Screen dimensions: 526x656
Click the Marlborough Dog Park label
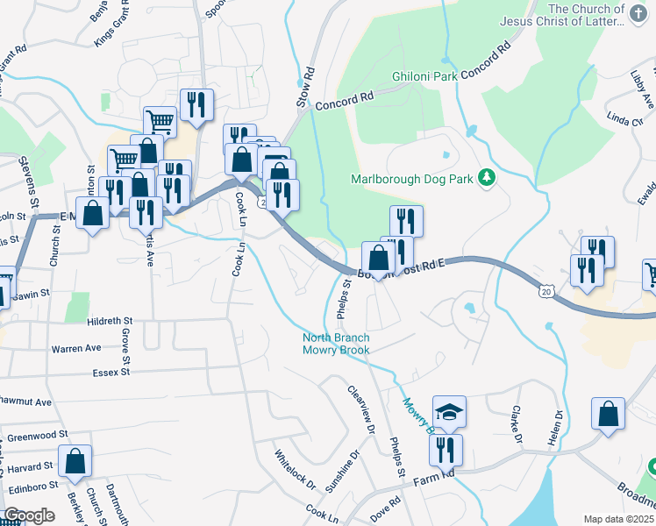tap(411, 179)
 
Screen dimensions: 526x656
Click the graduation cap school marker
tap(449, 412)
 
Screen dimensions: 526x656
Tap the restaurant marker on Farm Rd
tap(446, 450)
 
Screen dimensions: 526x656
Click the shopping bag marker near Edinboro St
tap(76, 461)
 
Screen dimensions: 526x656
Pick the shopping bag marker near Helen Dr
tap(609, 415)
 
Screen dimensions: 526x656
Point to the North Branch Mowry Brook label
tap(336, 344)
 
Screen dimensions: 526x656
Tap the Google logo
tap(29, 515)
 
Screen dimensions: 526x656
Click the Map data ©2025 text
tap(618, 519)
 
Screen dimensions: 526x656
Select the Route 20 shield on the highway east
tap(545, 290)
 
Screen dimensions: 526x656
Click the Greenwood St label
tap(38, 434)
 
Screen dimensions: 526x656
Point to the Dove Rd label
tap(388, 508)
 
